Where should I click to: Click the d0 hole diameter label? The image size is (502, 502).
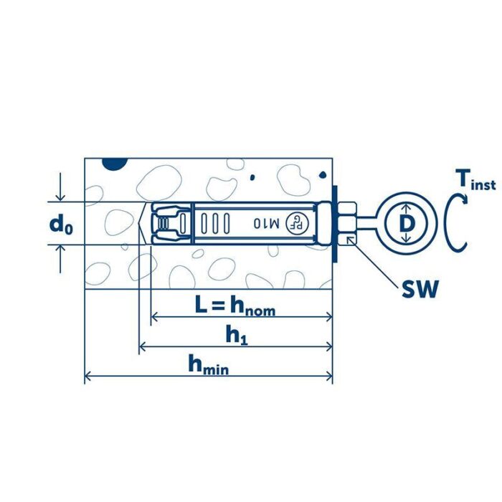point(61,224)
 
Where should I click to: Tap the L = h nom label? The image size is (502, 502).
point(235,306)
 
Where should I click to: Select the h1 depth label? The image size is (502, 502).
point(237,336)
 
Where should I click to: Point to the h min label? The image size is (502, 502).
point(209,364)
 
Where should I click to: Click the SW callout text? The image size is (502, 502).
point(420,289)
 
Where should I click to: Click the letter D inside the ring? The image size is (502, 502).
point(407,224)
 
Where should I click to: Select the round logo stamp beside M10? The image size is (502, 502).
point(297,223)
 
